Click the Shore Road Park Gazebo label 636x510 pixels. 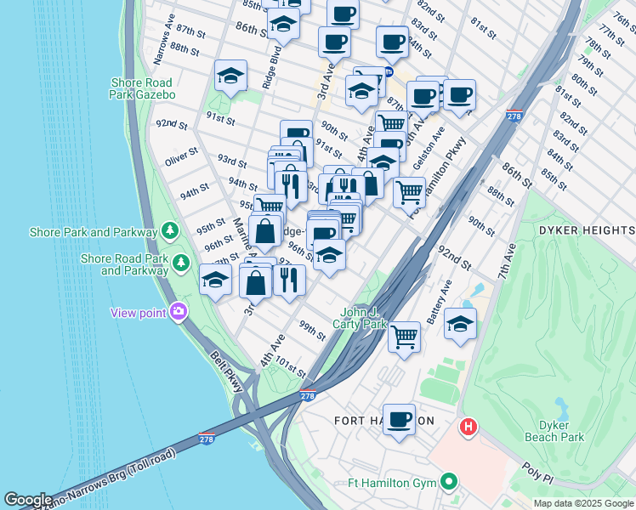(143, 88)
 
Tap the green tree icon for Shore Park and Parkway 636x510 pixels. (170, 231)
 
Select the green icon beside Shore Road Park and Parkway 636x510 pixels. (181, 263)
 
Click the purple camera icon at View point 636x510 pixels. (178, 312)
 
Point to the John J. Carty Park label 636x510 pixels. (364, 317)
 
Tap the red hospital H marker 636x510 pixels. (467, 427)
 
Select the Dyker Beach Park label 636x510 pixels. (560, 431)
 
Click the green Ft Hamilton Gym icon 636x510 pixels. (450, 483)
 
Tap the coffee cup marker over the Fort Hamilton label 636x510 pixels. (399, 418)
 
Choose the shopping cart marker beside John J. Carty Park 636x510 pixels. (404, 336)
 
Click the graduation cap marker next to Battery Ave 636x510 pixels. (460, 323)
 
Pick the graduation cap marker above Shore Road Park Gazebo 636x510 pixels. (230, 76)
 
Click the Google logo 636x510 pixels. (28, 499)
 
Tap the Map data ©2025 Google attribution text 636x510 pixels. (582, 503)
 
